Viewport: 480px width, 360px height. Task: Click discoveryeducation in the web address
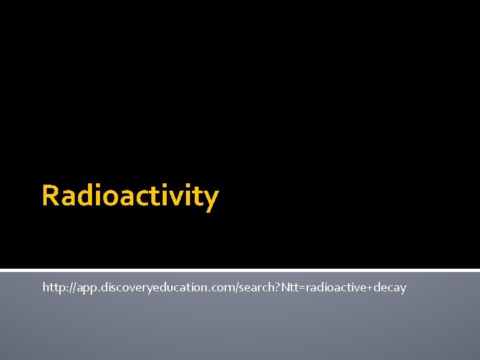tap(150, 287)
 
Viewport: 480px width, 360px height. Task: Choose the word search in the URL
tap(248, 287)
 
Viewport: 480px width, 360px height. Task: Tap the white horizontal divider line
tap(240, 271)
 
